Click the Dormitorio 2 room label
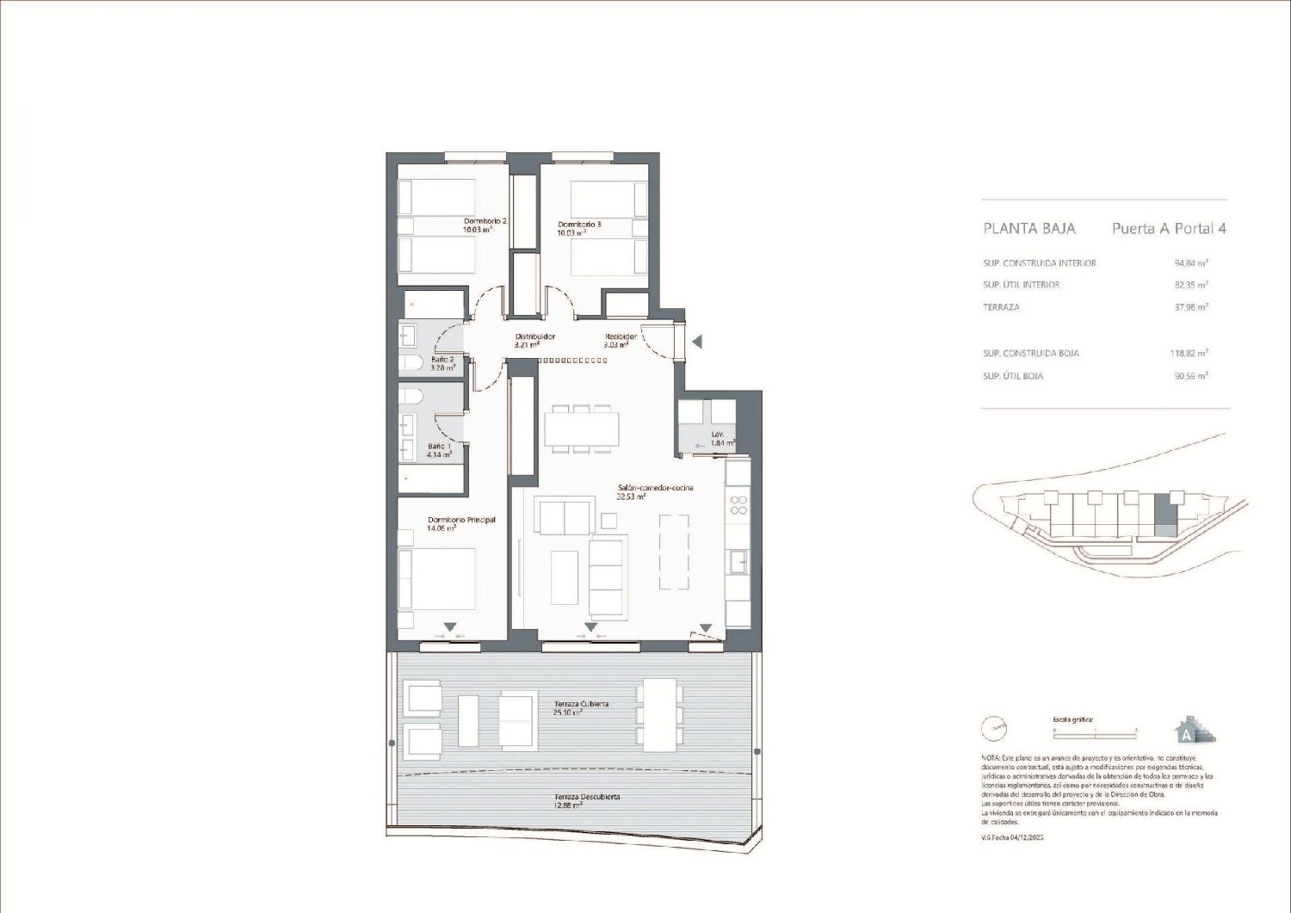pos(485,221)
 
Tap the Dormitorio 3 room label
pos(579,225)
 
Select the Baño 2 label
pos(442,360)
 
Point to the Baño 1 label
pos(439,447)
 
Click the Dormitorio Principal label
pos(461,520)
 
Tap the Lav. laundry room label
pos(717,435)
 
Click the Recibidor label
pos(621,337)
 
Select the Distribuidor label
pos(534,337)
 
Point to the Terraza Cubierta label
pos(581,704)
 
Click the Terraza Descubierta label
pos(587,797)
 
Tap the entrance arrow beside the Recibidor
pos(697,342)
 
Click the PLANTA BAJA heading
pos(1028,229)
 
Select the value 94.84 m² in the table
pos(1191,263)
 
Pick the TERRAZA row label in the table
pos(1001,307)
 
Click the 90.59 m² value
pos(1191,376)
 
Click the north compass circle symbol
pos(994,729)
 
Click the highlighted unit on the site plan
pos(1166,519)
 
